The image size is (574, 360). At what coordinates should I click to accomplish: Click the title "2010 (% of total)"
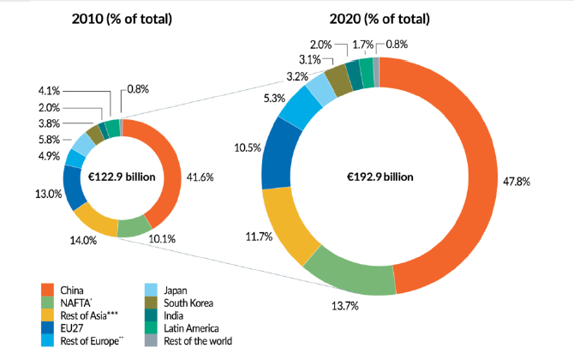123,19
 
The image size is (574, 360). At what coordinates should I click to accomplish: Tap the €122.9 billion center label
123,177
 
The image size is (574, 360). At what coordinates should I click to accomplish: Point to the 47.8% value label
512,183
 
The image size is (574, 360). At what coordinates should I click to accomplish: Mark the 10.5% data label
242,148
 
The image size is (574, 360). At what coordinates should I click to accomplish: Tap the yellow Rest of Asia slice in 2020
288,227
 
